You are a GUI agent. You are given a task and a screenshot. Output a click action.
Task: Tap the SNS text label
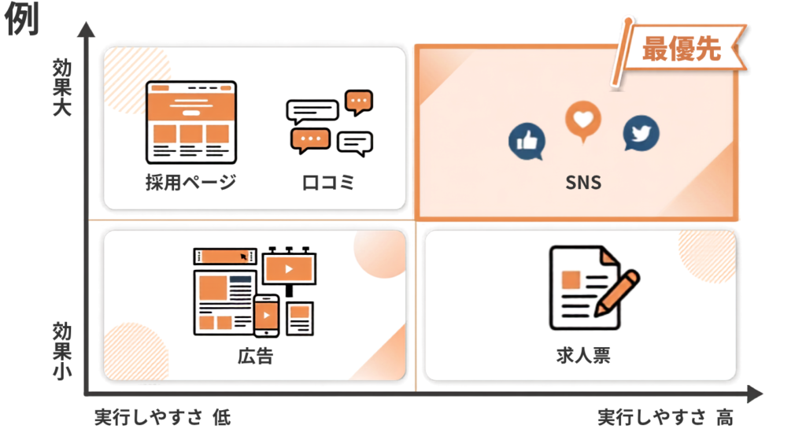[583, 183]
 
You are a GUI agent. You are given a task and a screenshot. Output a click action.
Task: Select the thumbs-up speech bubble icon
[527, 142]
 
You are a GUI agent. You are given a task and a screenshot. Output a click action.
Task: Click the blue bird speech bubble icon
[641, 133]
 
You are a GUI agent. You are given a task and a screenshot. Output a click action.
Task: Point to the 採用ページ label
[190, 182]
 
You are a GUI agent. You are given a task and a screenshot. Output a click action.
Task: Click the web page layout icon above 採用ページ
[191, 122]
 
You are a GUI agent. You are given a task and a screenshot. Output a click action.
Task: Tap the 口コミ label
[328, 183]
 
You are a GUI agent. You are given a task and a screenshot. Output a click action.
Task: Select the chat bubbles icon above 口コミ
[330, 124]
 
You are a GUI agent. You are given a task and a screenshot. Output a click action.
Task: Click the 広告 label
[256, 356]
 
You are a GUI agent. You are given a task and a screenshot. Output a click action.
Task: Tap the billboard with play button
[289, 269]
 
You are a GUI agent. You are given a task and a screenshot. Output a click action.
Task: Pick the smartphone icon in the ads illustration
[266, 316]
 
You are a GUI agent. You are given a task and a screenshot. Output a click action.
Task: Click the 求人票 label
[583, 355]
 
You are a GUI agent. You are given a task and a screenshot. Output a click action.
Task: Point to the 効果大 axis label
[61, 87]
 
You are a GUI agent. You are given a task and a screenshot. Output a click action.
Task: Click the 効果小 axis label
[61, 351]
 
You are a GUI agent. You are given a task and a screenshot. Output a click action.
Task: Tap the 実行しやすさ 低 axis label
[162, 417]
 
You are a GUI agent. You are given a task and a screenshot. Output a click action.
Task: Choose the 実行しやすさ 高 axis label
[665, 417]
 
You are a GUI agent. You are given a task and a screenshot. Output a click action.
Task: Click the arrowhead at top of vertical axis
[87, 29]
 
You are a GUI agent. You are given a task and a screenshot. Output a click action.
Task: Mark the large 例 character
[21, 19]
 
